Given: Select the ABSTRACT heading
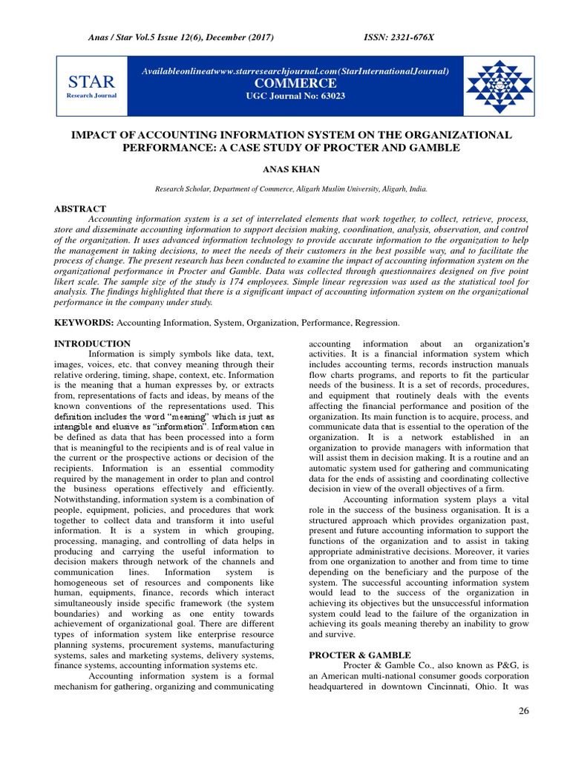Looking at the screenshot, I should point(79,209).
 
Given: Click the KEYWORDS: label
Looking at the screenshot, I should point(84,323).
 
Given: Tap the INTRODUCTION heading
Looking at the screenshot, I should point(92,344).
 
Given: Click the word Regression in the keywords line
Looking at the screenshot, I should point(376,323).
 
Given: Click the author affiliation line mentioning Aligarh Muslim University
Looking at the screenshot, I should point(290,189).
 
